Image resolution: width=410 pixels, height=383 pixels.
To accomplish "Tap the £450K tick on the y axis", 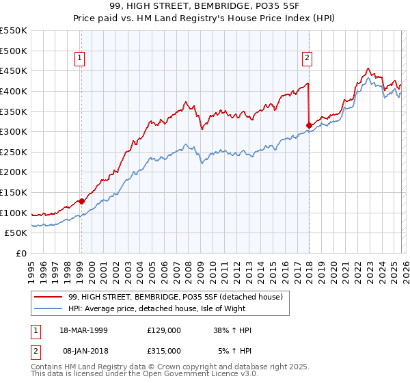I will tap(13, 71).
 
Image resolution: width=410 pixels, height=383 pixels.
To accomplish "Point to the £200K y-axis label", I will tap(13, 172).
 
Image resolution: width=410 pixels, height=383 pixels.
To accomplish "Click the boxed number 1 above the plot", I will tap(81, 59).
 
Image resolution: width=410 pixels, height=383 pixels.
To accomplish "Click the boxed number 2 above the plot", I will tap(307, 59).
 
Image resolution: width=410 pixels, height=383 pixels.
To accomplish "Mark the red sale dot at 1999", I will tap(81, 201).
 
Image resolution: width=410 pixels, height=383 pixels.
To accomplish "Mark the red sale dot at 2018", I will tap(309, 125).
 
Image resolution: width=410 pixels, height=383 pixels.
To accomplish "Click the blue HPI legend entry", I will tap(169, 308).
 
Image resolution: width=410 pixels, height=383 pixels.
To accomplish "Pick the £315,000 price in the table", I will tap(163, 350).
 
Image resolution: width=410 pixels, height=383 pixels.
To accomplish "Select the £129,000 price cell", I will tap(163, 330).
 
